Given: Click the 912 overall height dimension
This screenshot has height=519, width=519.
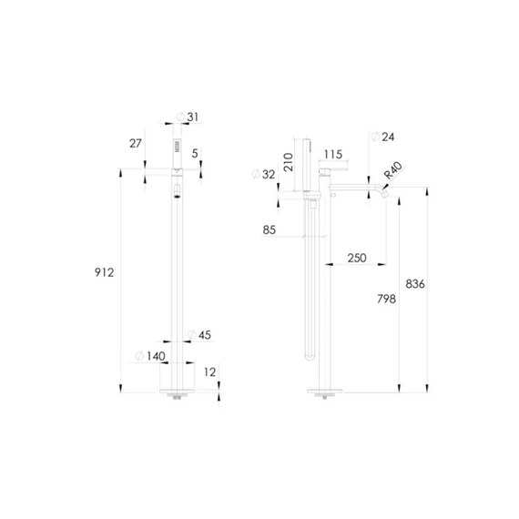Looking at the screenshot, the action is (105, 272).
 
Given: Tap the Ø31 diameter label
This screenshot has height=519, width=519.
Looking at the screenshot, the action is (188, 117).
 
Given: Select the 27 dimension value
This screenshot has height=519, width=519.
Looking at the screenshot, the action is (136, 143).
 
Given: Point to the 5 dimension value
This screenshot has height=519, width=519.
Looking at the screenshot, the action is (195, 153).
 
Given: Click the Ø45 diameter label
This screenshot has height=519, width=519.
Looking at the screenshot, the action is (199, 335).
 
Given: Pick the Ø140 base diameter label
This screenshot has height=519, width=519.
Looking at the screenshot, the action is (150, 356).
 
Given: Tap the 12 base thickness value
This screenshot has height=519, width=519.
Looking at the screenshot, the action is (209, 372).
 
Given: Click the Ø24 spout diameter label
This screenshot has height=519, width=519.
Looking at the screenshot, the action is (382, 137).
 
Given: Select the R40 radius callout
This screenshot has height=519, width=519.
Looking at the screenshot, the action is (392, 170).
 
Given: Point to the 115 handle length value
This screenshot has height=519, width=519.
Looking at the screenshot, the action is (333, 154).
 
